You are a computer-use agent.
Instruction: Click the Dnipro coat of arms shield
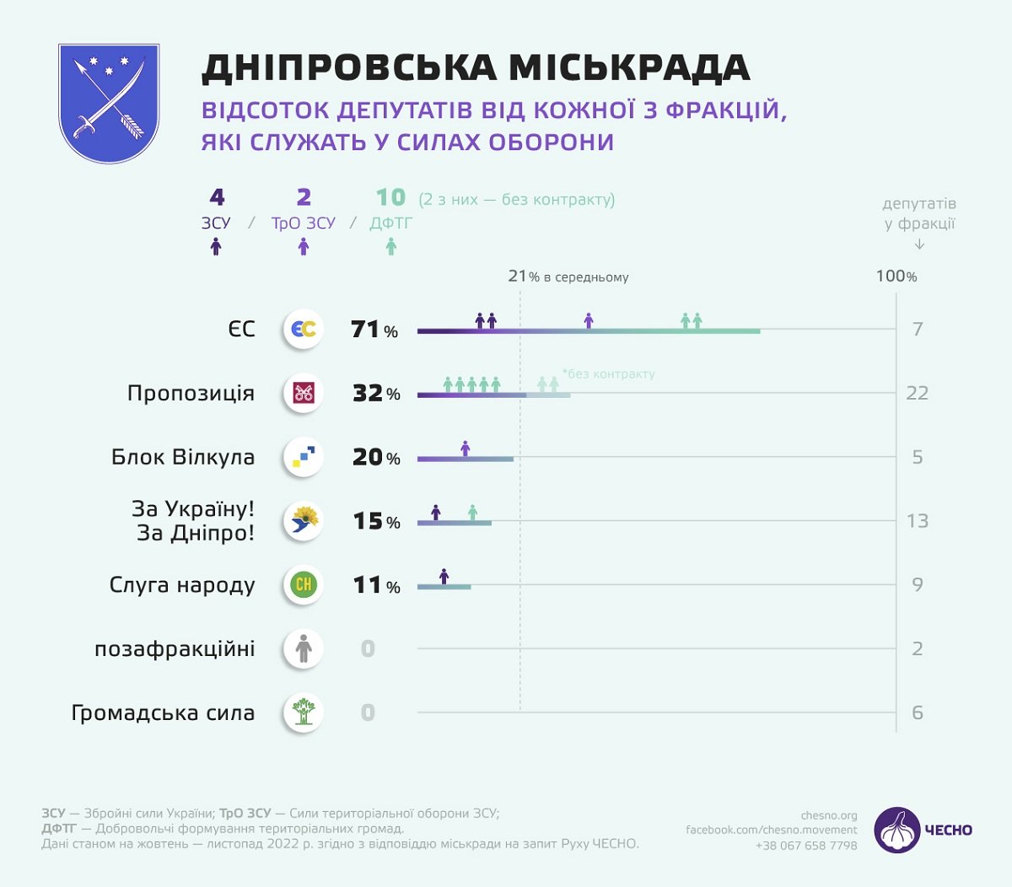109,103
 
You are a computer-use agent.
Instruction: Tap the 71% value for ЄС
374,330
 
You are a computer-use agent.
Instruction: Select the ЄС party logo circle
304,329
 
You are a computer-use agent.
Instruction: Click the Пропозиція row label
191,393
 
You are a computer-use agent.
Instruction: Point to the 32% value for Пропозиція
376,394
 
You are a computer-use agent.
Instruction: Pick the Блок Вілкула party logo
304,457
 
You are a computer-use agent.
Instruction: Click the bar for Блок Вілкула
465,460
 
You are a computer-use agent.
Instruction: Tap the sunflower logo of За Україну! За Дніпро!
304,521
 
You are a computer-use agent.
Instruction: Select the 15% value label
376,522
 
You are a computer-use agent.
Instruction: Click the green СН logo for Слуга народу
304,584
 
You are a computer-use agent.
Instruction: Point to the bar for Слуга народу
444,587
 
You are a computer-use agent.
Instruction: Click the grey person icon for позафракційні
304,648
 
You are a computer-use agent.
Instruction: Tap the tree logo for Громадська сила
304,712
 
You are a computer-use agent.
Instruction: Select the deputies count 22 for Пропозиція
917,393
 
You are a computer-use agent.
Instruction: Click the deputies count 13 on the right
918,521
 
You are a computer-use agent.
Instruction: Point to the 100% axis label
896,277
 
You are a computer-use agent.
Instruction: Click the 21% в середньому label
568,277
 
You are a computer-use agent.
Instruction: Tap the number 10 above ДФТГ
390,197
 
